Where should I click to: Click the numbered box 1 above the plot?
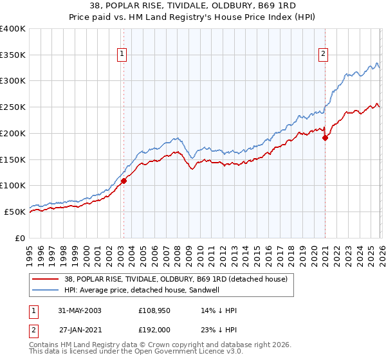click(x=122, y=55)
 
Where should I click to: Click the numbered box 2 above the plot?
click(x=323, y=55)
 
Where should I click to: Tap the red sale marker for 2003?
click(x=124, y=181)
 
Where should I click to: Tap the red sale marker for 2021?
click(x=326, y=137)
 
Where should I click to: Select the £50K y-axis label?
click(x=15, y=212)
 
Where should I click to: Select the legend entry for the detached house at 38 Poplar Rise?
click(x=179, y=278)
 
